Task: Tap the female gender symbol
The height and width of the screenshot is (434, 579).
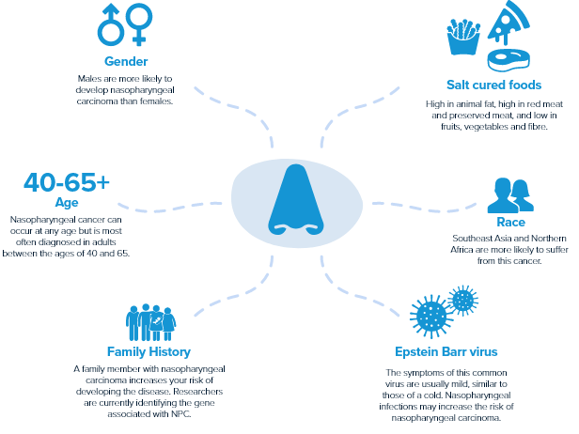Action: point(140,24)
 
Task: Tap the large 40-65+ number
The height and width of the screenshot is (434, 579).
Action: point(66,182)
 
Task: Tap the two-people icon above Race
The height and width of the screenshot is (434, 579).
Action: point(509,195)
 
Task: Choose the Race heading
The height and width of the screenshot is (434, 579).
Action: point(510,224)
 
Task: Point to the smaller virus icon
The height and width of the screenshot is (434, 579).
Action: point(462,300)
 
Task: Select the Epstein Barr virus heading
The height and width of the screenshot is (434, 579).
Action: point(446,352)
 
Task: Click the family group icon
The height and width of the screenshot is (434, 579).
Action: point(151,322)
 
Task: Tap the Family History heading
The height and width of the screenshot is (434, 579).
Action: point(149,352)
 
